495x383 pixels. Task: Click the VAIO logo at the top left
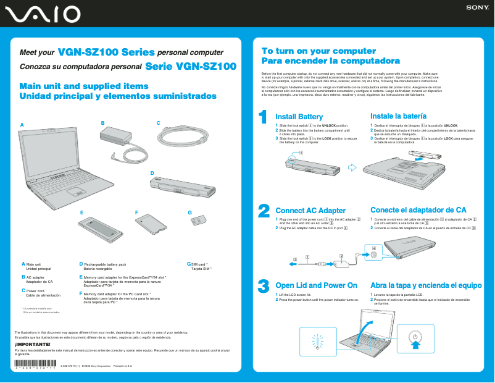tap(42, 14)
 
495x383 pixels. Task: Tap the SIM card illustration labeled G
tap(199, 220)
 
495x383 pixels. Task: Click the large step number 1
tap(263, 117)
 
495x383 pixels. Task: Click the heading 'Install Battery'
tap(299, 117)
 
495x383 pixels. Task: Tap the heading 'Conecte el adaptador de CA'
tap(418, 210)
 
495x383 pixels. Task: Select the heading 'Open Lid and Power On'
tap(316, 285)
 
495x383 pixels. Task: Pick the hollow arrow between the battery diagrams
tap(352, 166)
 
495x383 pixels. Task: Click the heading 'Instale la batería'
tap(399, 116)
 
